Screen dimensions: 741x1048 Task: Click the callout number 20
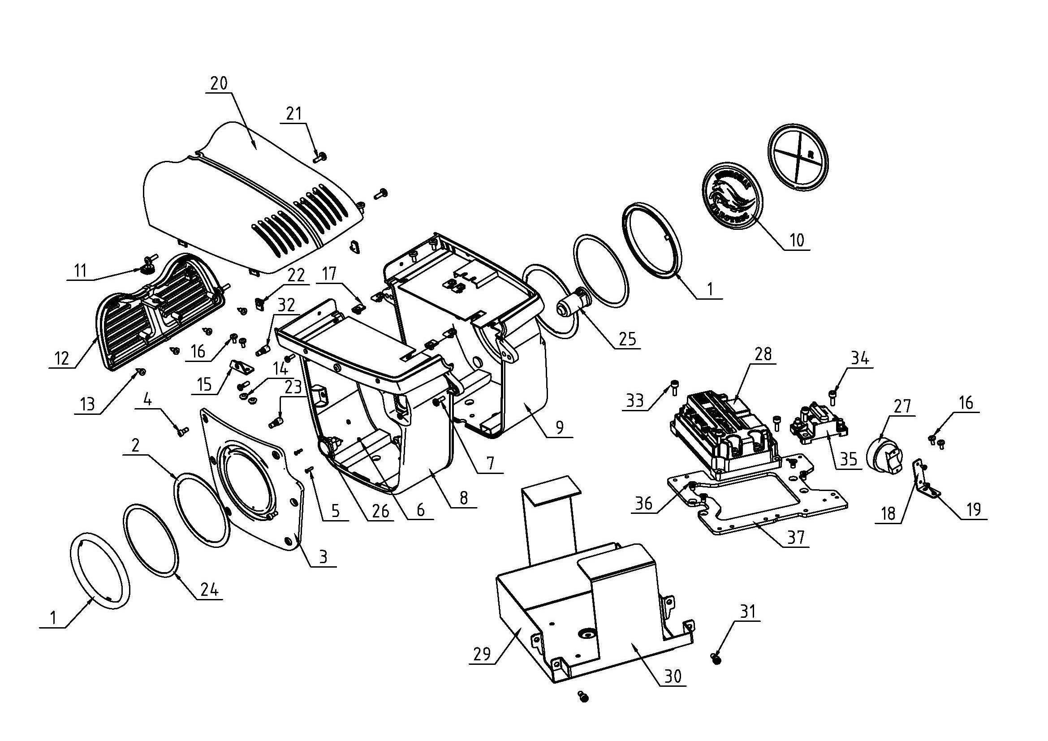(x=219, y=83)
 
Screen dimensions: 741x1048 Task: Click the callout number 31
(x=747, y=612)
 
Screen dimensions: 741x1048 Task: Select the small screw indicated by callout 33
(x=675, y=387)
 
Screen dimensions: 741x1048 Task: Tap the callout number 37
(x=796, y=538)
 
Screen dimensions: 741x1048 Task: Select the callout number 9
(x=560, y=427)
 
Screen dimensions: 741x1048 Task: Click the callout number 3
(x=323, y=558)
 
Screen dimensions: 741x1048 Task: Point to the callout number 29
(x=483, y=654)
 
